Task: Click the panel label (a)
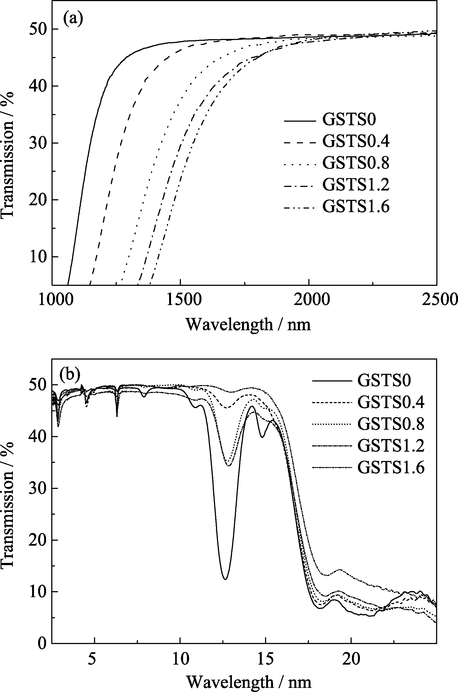point(73,19)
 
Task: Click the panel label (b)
point(70,376)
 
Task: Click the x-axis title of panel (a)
point(248,324)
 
